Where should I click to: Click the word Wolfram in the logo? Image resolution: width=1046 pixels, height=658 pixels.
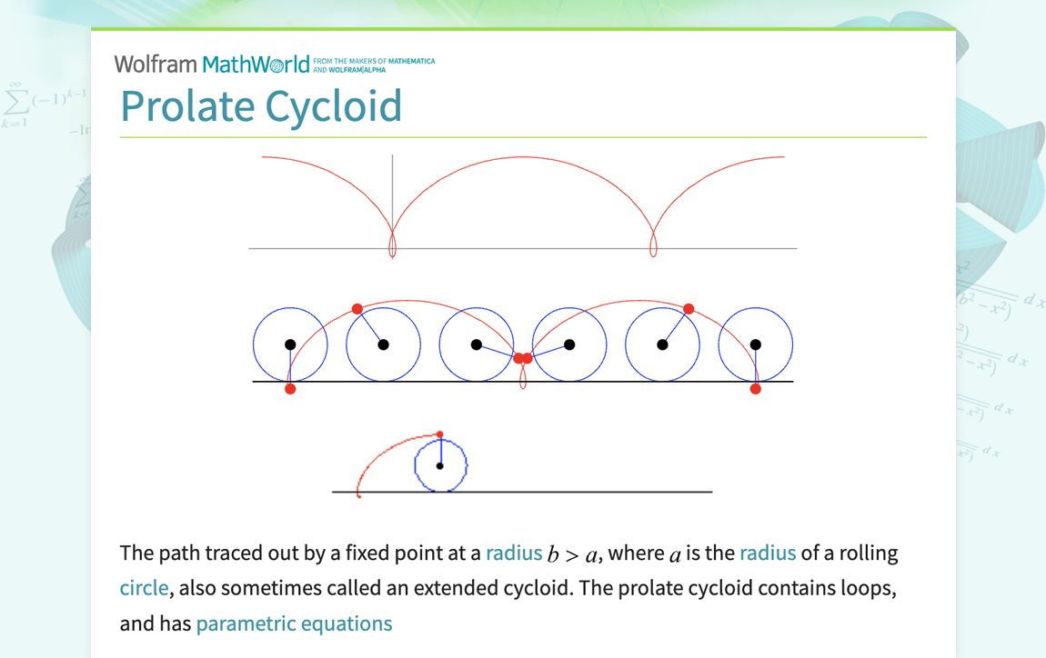156,64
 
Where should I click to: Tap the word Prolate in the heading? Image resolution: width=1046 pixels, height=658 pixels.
186,106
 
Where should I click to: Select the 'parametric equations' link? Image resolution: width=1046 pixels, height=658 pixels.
294,623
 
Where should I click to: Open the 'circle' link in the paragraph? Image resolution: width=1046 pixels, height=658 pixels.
144,588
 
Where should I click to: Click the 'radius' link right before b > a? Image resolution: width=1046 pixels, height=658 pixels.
514,553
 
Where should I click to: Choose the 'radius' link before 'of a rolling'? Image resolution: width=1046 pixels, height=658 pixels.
768,553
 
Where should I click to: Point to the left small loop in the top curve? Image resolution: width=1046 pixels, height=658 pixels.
392,245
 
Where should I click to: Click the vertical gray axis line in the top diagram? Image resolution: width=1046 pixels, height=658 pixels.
392,191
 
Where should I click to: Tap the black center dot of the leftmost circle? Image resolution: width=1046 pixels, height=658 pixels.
290,344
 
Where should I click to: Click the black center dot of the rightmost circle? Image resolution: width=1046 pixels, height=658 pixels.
756,344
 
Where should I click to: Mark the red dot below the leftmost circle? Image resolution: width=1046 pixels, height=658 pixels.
290,389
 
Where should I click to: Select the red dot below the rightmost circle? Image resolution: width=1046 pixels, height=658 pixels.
756,389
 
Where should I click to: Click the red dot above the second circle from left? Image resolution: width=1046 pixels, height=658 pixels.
357,309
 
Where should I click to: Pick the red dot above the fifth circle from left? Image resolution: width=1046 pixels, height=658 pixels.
689,309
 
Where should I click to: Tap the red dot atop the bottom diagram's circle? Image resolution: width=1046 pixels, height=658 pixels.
440,434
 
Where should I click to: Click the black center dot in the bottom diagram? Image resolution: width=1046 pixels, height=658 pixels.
440,465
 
